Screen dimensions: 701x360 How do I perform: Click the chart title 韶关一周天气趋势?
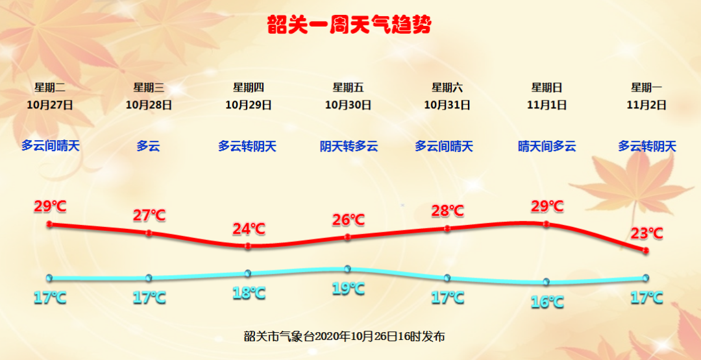point(349,25)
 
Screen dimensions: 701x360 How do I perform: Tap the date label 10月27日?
point(49,106)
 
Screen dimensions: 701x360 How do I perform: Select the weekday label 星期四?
point(249,88)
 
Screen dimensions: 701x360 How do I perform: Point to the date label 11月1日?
point(547,106)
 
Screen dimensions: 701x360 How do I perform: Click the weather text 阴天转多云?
point(349,146)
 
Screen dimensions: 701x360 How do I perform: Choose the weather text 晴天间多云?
point(547,146)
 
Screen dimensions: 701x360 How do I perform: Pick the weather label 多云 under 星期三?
point(149,146)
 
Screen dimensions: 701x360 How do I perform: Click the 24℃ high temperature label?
point(249,229)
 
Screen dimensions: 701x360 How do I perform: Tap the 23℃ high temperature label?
point(646,233)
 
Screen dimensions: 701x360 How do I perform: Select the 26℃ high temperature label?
point(349,220)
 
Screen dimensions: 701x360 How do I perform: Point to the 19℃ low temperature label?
point(349,288)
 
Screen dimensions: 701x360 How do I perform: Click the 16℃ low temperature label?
point(547,302)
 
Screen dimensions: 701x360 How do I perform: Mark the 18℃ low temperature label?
point(249,293)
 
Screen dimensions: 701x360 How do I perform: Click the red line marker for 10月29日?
point(249,246)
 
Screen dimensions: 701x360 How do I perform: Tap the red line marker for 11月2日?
point(646,251)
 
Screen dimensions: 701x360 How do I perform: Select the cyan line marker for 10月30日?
point(347,269)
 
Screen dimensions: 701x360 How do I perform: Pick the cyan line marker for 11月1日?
point(546,282)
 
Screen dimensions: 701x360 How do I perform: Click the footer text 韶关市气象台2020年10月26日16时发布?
point(344,337)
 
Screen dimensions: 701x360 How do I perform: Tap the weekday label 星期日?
point(547,88)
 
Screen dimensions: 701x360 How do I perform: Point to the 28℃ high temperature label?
point(448,210)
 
